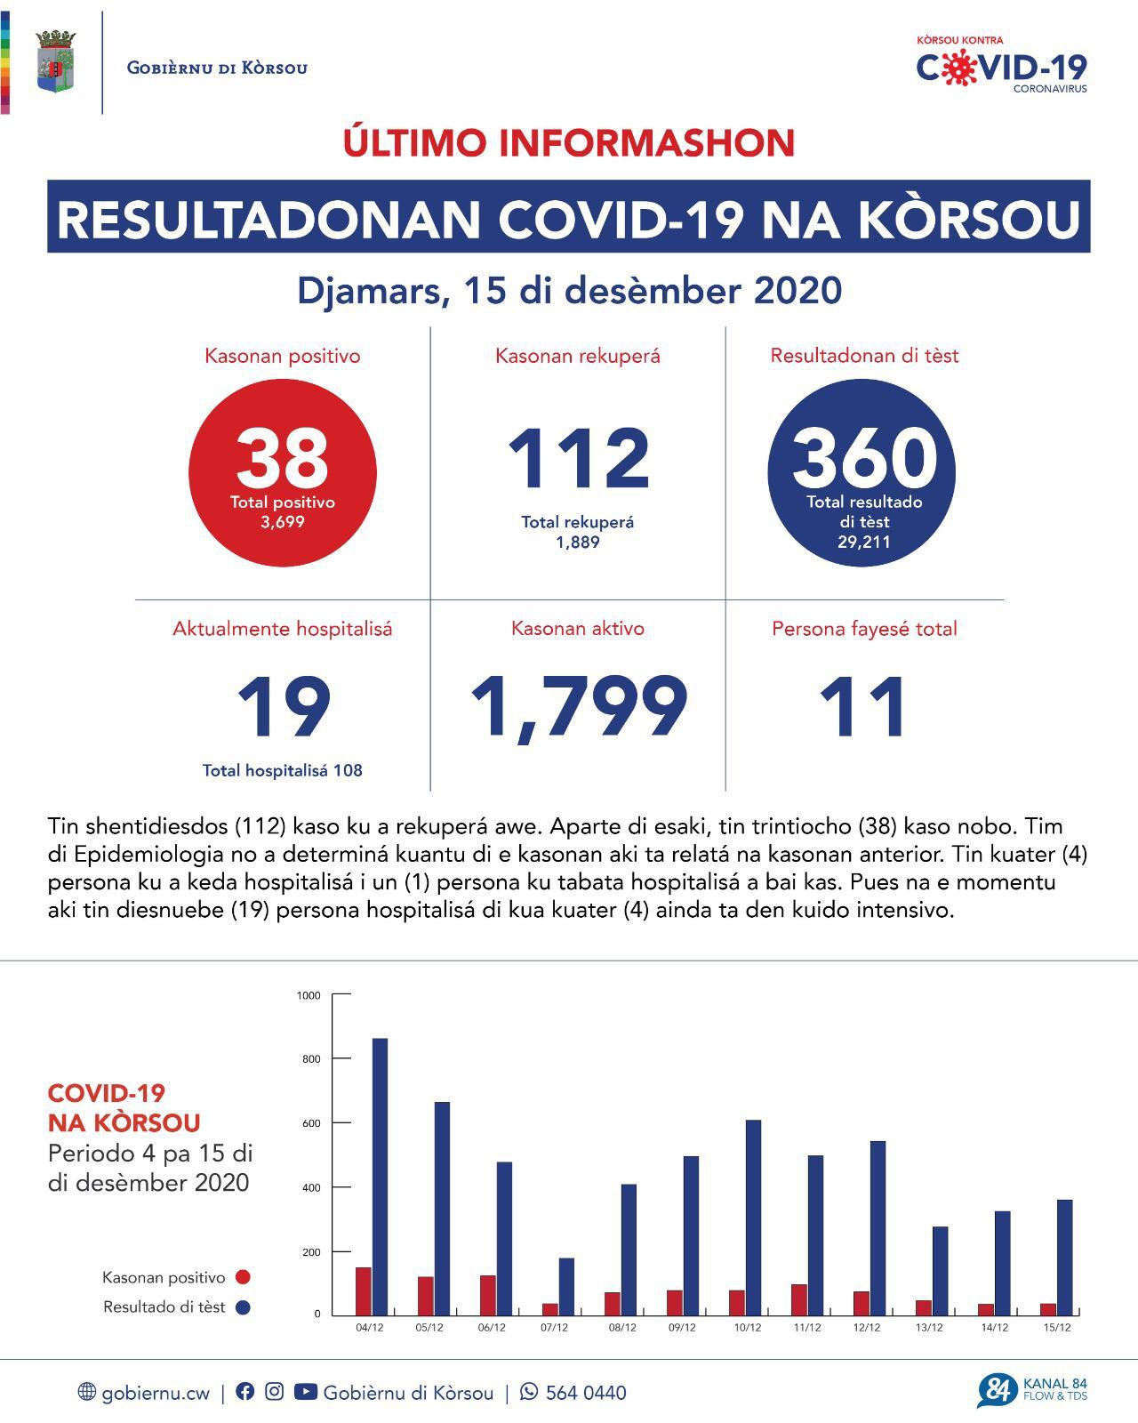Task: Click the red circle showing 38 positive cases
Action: (283, 471)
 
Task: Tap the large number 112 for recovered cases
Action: (579, 459)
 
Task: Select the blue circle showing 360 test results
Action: (862, 472)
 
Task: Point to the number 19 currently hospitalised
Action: (284, 708)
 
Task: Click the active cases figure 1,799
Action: (578, 707)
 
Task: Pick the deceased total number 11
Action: (863, 708)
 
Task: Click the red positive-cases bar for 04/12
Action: (363, 1291)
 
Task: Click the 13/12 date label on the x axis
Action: (929, 1328)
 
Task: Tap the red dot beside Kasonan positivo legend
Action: (242, 1278)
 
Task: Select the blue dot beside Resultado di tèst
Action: (242, 1307)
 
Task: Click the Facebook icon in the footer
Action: (244, 1392)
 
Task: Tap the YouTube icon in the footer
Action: (305, 1392)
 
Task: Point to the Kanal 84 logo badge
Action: (998, 1391)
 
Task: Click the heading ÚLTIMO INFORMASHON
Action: (569, 142)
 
